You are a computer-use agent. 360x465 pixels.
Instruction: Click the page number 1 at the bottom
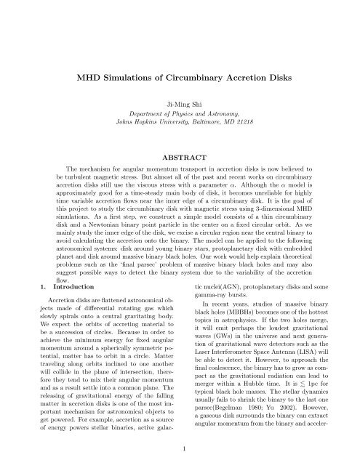coord(180,449)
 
